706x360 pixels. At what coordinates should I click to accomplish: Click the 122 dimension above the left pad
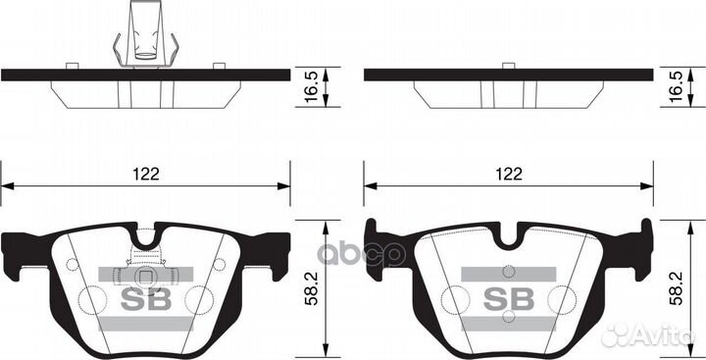[147, 174]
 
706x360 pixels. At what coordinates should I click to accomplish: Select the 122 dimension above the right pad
[508, 174]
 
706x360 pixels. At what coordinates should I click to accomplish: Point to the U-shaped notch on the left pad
[147, 236]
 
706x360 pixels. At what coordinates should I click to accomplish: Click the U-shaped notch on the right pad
[509, 236]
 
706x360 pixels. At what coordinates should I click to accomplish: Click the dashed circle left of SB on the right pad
[458, 299]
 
